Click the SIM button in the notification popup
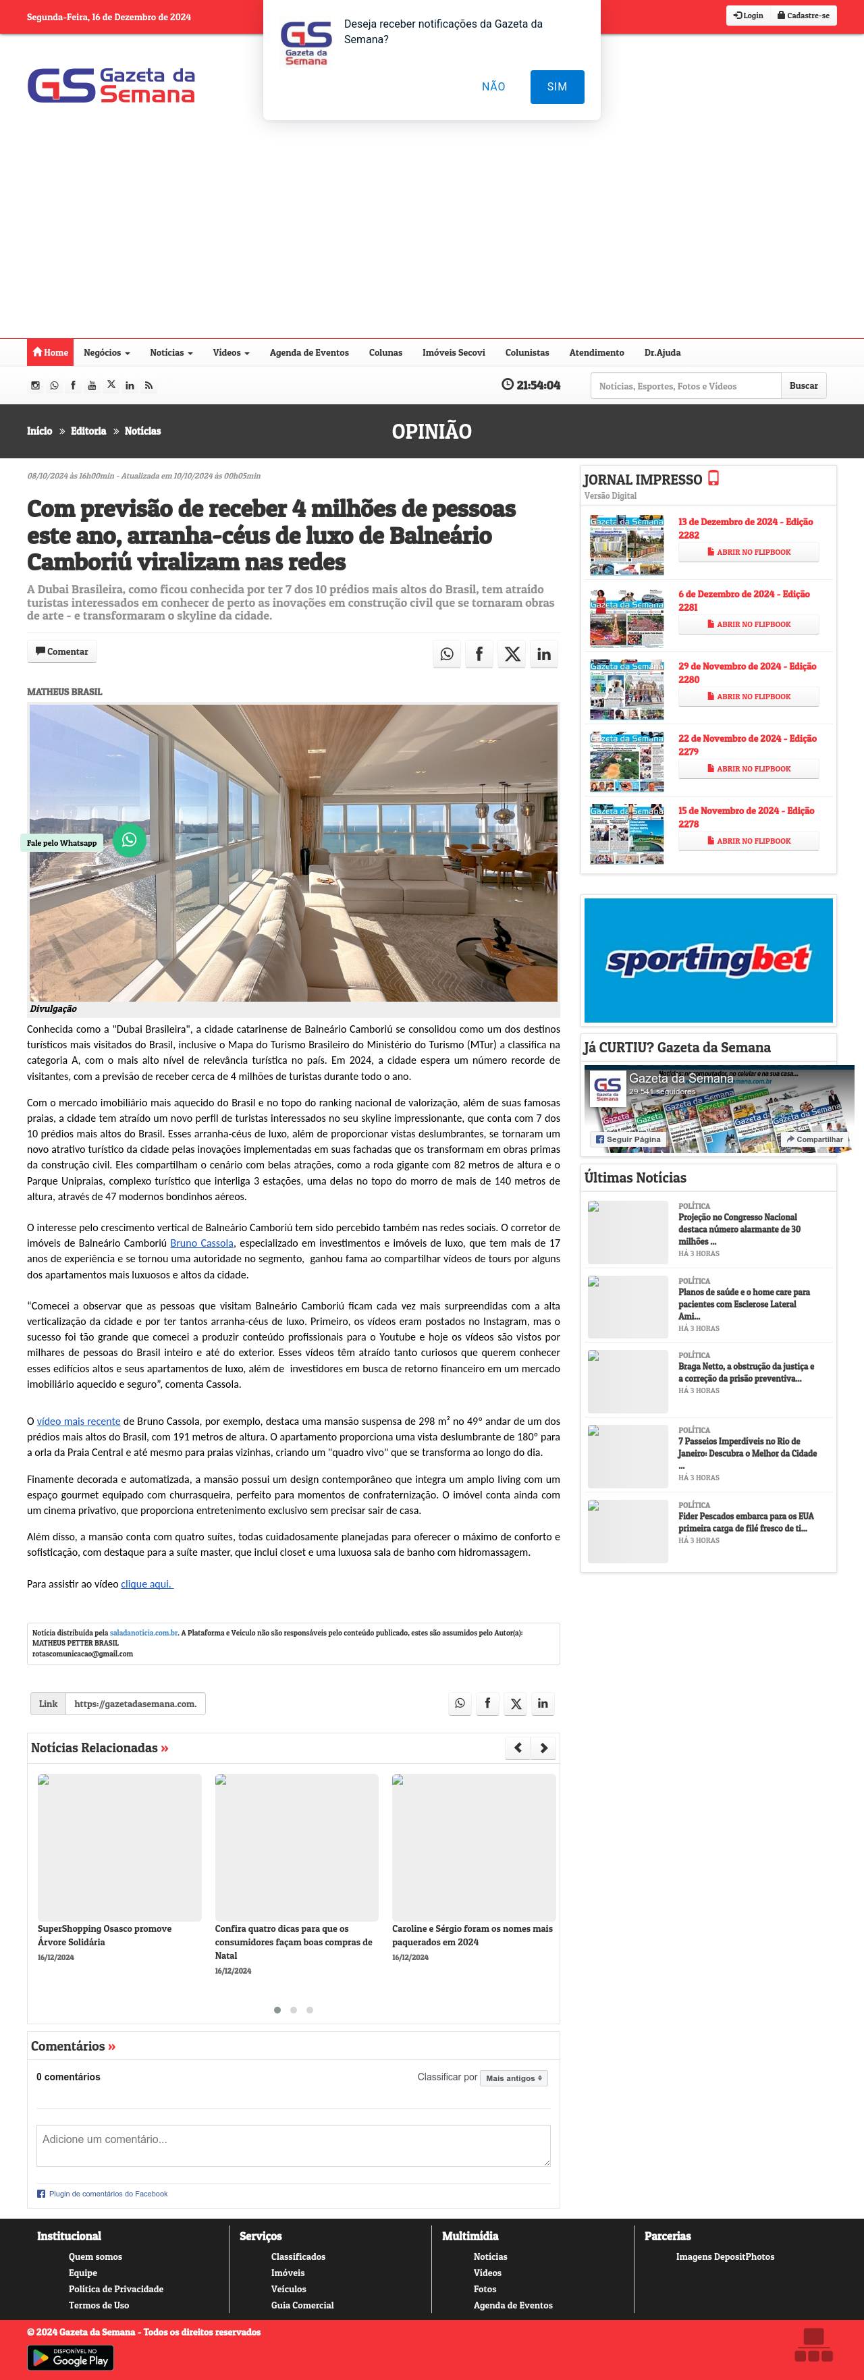click(556, 87)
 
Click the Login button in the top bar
click(749, 16)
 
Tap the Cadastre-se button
click(803, 16)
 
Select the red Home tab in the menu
click(50, 353)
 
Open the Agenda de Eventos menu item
click(308, 353)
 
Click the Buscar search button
click(803, 386)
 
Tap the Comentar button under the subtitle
click(62, 652)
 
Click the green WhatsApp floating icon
click(130, 840)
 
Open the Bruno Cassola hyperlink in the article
click(201, 1243)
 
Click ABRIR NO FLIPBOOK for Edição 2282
click(749, 553)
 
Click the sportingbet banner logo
click(708, 960)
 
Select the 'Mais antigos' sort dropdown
click(513, 2078)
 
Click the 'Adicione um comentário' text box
click(293, 2144)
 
